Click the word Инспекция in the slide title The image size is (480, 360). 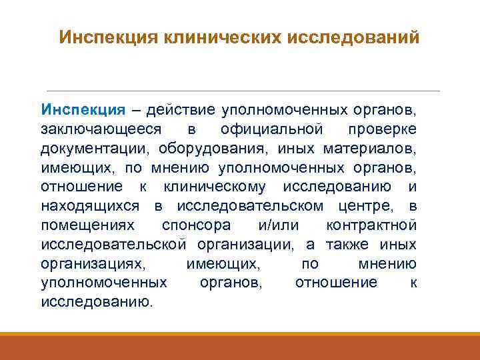coord(106,37)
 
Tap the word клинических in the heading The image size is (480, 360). coord(222,37)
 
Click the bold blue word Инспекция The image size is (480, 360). coord(83,109)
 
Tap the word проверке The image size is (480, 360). coord(383,128)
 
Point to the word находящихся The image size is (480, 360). coord(89,205)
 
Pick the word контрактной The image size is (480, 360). coord(371,225)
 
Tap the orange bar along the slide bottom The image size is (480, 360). coord(240,347)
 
